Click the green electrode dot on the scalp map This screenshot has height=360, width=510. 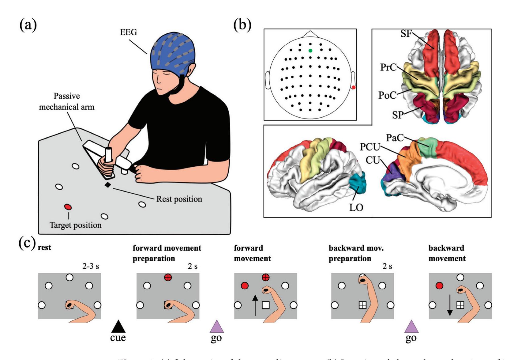310,51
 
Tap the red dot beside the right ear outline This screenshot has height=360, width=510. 354,87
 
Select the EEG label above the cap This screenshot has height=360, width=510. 128,32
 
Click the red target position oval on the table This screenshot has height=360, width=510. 68,207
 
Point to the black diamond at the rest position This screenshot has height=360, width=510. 107,185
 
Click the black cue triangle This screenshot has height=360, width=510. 118,326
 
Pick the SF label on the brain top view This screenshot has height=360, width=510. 406,34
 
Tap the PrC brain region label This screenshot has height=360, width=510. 388,67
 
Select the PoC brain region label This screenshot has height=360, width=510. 387,95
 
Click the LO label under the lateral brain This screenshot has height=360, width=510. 356,208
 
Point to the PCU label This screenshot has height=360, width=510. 370,147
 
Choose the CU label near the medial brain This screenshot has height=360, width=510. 373,160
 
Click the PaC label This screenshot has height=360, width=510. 395,138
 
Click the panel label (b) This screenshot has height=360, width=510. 242,25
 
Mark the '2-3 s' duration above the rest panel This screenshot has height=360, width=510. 91,266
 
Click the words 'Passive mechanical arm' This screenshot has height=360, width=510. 67,101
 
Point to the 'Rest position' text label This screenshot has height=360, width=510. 179,199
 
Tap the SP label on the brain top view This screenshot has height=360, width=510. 398,115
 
